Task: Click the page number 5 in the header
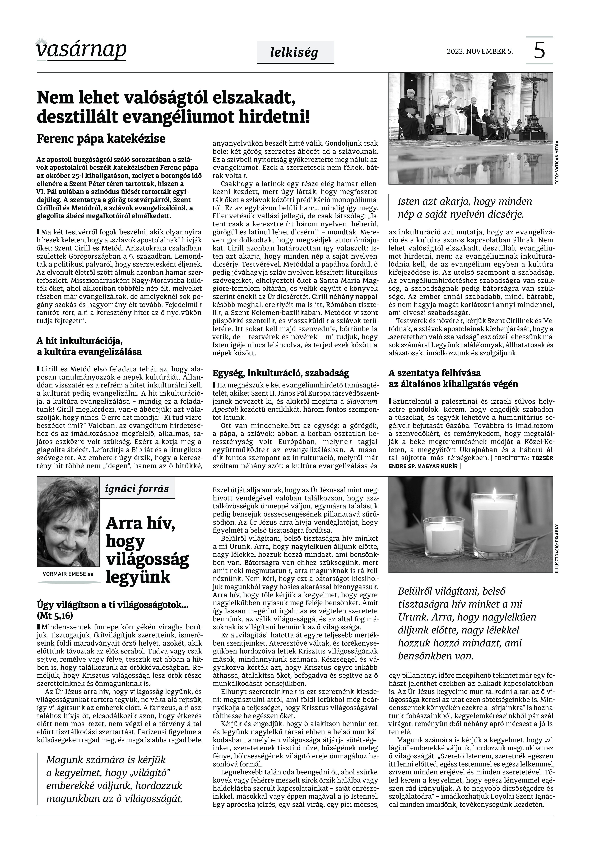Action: [539, 51]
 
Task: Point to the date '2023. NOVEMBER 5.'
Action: [480, 51]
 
